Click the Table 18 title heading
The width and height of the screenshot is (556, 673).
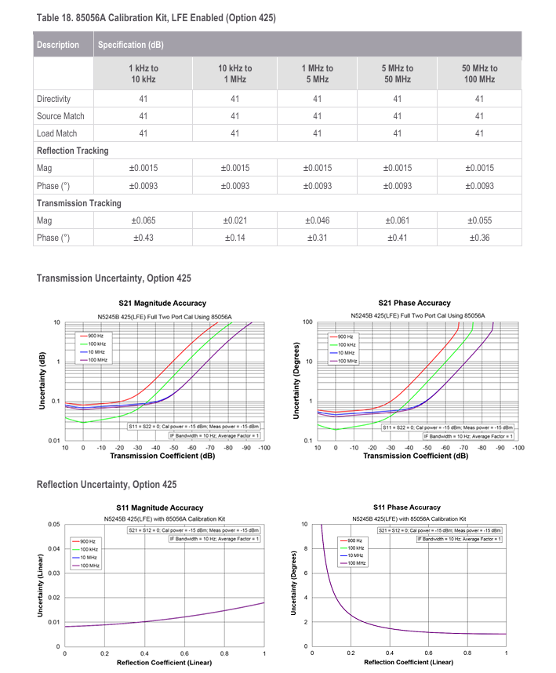[x=155, y=17]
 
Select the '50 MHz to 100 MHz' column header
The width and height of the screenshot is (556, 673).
[x=479, y=74]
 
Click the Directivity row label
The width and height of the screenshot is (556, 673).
[x=53, y=99]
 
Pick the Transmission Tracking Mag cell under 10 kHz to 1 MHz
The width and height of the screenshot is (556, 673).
[x=234, y=221]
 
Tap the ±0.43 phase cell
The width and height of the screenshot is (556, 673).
[x=144, y=238]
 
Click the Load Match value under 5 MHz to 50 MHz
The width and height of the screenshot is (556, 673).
[x=397, y=133]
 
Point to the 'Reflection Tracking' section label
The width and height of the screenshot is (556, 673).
[x=73, y=151]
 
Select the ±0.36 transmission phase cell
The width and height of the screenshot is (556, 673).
[x=479, y=238]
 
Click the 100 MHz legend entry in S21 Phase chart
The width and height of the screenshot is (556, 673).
[x=346, y=361]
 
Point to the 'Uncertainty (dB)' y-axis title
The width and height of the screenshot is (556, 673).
[x=42, y=381]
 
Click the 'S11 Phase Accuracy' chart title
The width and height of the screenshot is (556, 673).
[x=406, y=507]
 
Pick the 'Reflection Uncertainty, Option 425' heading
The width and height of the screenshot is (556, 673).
[x=107, y=485]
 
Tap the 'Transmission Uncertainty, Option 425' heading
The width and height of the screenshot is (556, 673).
[x=114, y=278]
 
